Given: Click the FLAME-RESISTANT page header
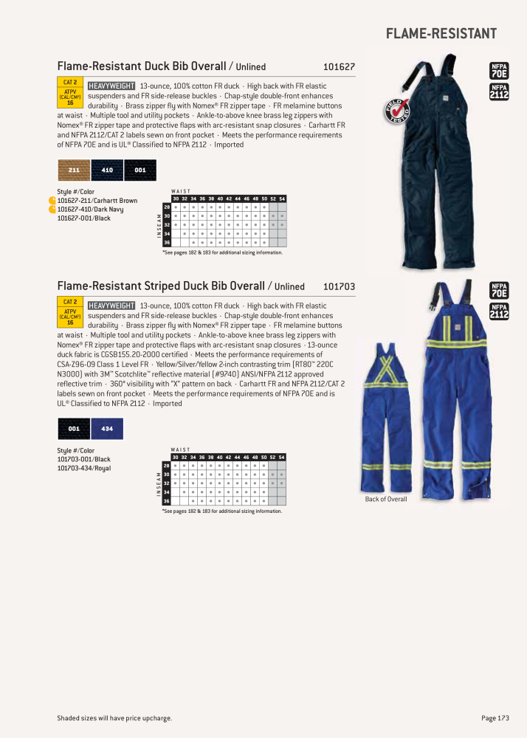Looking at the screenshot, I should [441, 34].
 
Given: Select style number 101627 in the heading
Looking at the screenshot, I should [339, 66].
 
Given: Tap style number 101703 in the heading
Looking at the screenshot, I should [339, 286].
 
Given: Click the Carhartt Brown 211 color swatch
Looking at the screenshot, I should [74, 170].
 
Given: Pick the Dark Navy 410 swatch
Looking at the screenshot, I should [107, 170].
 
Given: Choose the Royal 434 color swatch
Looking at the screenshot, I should [107, 428].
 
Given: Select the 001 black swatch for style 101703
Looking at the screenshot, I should [74, 428].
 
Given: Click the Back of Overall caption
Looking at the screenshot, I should [386, 500].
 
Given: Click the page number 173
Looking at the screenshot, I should [494, 718].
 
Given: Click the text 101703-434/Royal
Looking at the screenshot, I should [84, 468].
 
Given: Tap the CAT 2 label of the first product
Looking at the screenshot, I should [70, 82].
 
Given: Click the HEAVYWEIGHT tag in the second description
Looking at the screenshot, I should [111, 306].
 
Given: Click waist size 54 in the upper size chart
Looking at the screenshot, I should [282, 199].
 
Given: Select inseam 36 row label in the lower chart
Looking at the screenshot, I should [166, 501].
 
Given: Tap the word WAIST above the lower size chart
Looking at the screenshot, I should [180, 449].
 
